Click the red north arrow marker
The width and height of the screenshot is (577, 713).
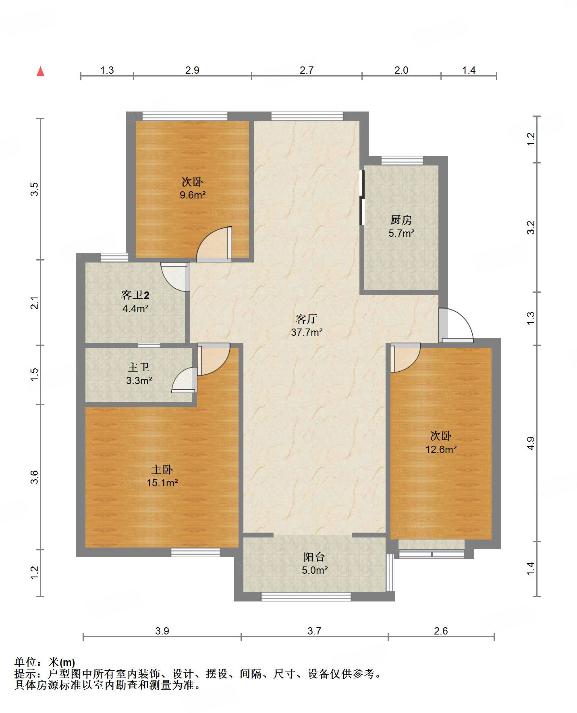[40, 71]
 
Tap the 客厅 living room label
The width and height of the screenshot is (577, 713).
[307, 319]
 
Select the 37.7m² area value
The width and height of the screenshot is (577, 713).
[307, 332]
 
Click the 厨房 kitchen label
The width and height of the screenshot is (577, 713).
[401, 220]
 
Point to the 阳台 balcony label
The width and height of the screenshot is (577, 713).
[314, 557]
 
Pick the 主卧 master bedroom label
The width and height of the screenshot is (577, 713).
[162, 470]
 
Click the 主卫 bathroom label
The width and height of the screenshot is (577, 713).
[139, 367]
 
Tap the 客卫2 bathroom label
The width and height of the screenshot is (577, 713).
[135, 295]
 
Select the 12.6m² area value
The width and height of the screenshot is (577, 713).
[441, 449]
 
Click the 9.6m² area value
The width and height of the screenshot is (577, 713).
[193, 195]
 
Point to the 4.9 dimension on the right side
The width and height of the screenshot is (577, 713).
[531, 443]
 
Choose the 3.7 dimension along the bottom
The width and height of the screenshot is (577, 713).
[314, 631]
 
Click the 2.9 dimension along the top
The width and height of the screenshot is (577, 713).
[192, 70]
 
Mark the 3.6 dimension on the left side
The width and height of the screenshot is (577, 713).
[35, 477]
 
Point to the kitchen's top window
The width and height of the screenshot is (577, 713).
[402, 161]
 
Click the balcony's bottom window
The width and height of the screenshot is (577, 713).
[306, 597]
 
